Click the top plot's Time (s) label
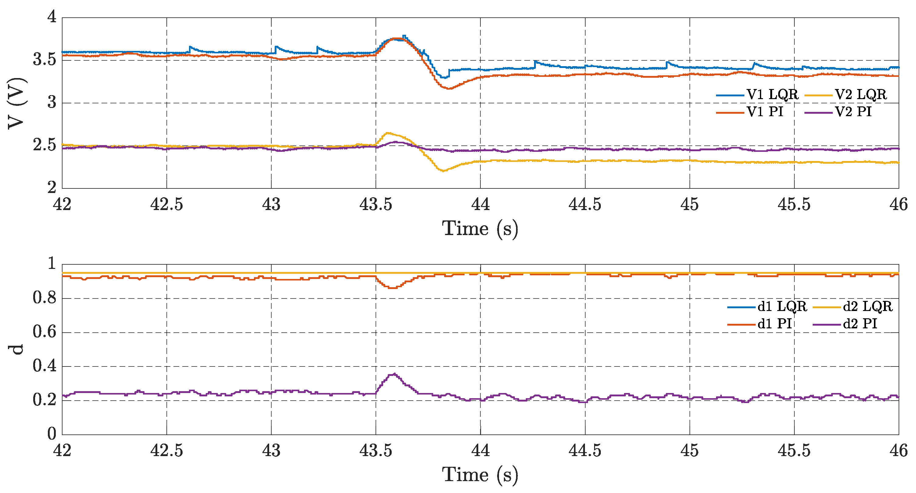(x=480, y=228)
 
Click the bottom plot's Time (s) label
(x=480, y=475)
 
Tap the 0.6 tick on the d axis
(x=45, y=332)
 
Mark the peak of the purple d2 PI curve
(x=394, y=374)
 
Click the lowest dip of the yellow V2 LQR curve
(x=443, y=171)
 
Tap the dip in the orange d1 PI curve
(x=393, y=288)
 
